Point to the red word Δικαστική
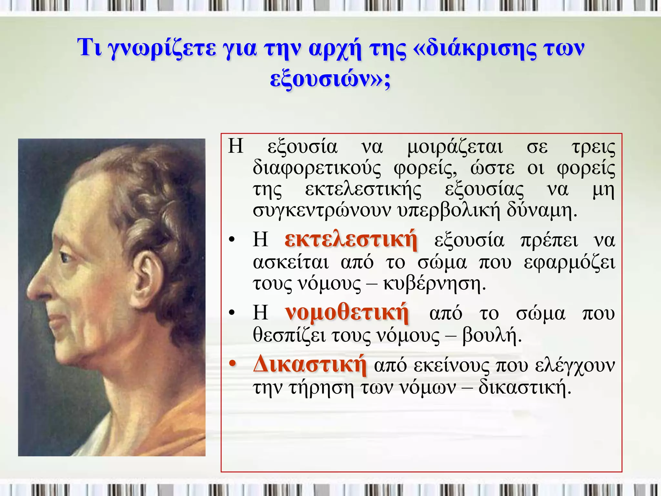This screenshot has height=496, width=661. point(310,365)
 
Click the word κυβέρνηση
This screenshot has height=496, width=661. point(434,284)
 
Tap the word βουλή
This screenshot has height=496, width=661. point(492,336)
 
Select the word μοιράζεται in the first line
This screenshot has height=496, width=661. point(455,147)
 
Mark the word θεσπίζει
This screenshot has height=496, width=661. point(289,336)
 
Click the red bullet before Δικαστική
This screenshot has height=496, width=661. point(232,365)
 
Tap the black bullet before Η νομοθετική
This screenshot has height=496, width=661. point(231,313)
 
